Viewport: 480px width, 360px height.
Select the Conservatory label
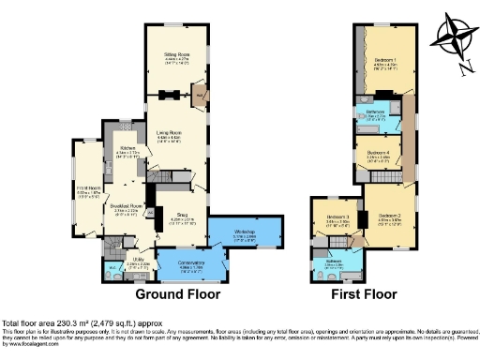[190, 264]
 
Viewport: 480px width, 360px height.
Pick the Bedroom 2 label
[391, 217]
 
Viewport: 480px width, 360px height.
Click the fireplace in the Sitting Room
[170, 94]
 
